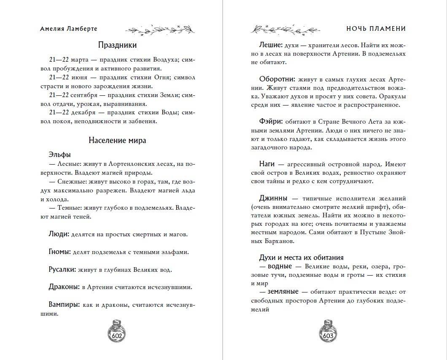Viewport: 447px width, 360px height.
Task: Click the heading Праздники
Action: (117, 45)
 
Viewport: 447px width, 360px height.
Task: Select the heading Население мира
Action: (117, 140)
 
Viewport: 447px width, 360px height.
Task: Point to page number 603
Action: (329, 336)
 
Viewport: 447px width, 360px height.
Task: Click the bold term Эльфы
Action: (60, 154)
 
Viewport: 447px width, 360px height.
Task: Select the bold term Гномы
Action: (59, 252)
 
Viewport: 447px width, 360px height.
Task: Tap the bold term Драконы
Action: (64, 287)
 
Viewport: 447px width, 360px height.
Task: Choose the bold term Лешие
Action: (270, 45)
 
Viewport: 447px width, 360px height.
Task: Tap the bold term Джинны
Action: (273, 198)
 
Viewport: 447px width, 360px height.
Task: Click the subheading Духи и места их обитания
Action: (301, 257)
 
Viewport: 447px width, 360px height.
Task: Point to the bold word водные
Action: (277, 266)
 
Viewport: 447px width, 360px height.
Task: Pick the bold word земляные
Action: (280, 292)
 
